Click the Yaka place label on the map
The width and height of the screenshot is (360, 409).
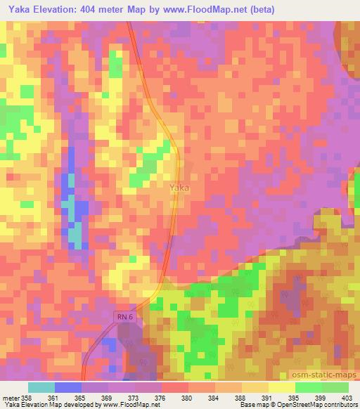click(x=179, y=188)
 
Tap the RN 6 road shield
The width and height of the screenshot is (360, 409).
click(x=125, y=318)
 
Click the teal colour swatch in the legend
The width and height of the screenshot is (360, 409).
click(x=41, y=387)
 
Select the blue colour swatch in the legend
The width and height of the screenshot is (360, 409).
click(x=68, y=387)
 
